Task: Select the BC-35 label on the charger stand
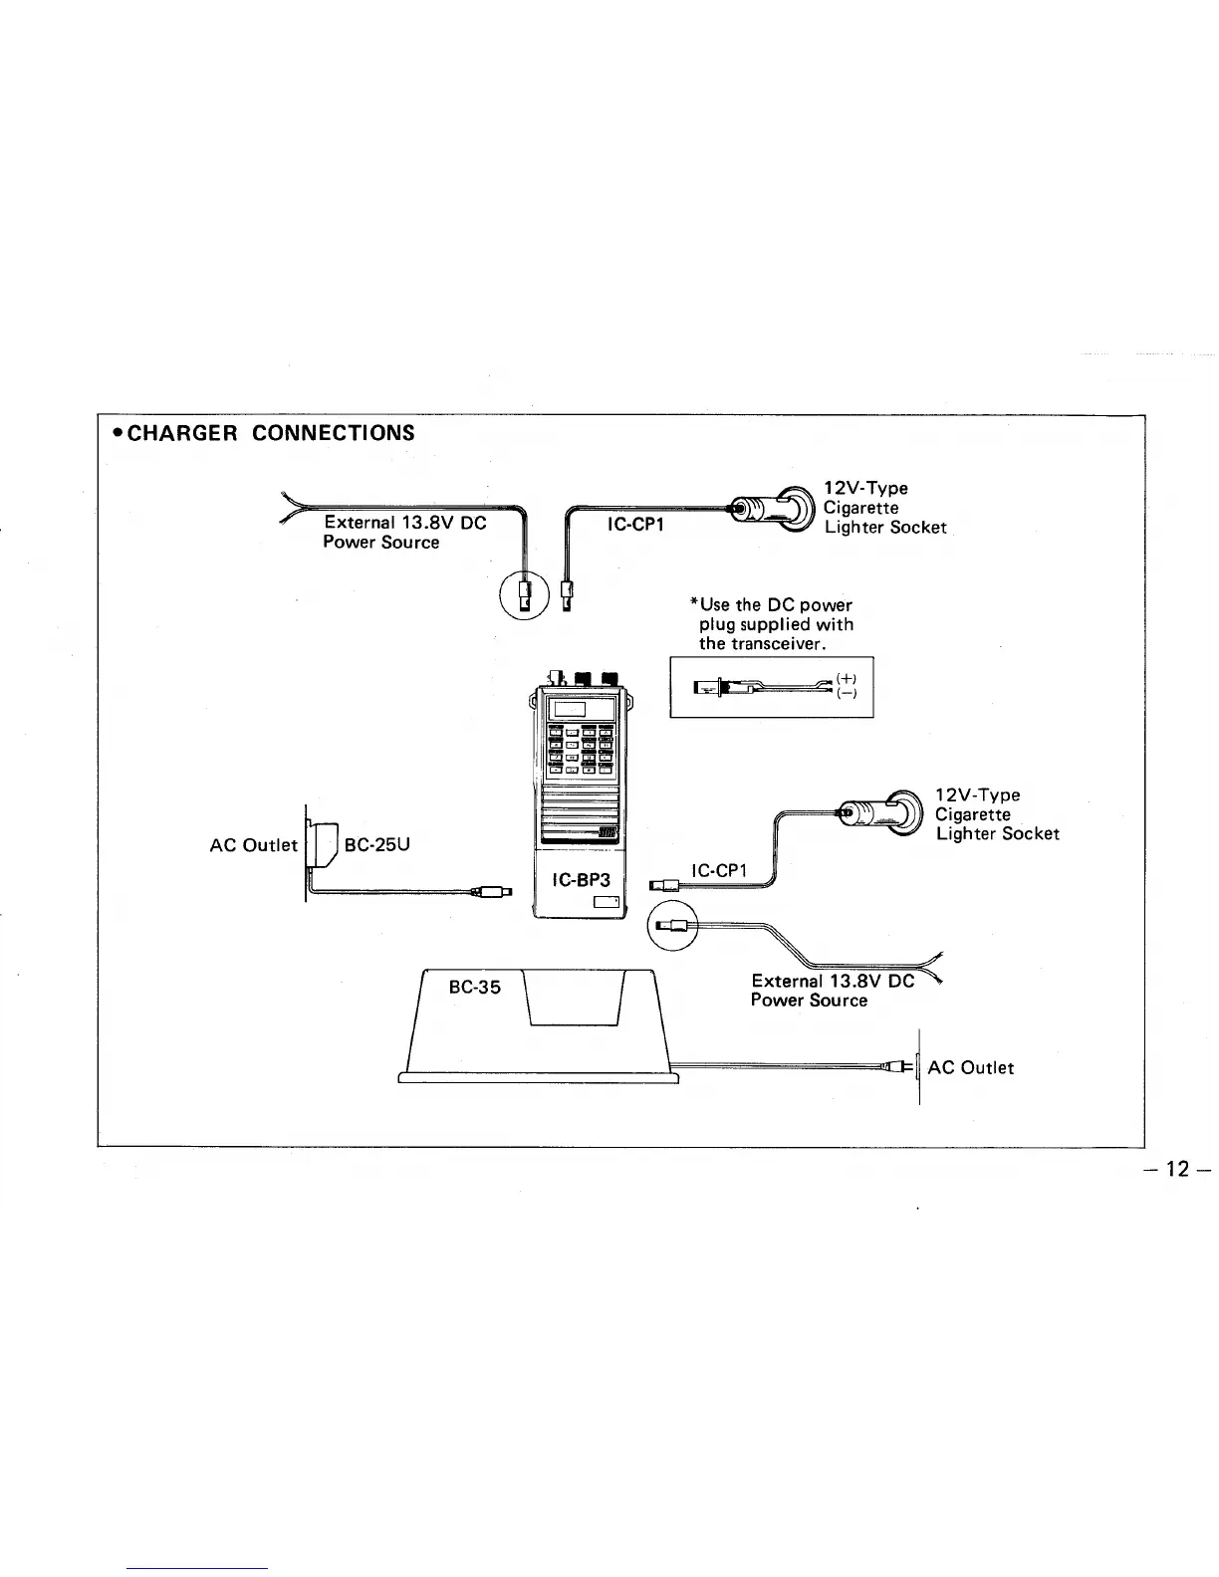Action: coord(474,988)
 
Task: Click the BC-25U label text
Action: coord(377,845)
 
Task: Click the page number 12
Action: coord(1178,1168)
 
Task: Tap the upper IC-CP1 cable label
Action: coord(636,524)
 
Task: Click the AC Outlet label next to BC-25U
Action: coord(253,845)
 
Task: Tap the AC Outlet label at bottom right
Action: coord(970,1068)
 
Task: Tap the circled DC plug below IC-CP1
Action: coord(673,926)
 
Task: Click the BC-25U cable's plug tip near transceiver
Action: coord(495,891)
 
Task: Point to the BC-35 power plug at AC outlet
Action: coord(900,1067)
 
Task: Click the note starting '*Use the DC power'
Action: coord(775,624)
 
